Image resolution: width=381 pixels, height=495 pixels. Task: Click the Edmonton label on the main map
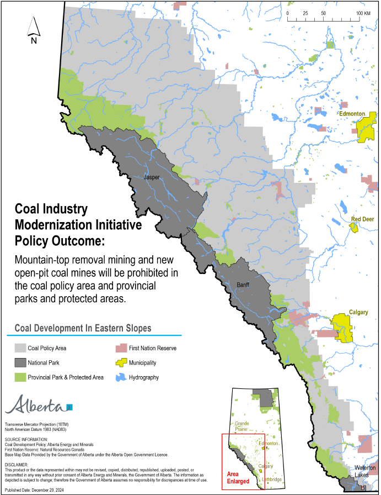[352, 114]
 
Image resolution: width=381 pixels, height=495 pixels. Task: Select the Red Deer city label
[362, 219]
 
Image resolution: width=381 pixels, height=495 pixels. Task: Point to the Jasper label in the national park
[151, 178]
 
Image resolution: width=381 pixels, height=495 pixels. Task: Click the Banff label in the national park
[243, 285]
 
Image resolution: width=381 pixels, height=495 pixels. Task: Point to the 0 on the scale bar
[287, 13]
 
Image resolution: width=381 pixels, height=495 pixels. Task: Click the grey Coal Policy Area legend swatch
[20, 348]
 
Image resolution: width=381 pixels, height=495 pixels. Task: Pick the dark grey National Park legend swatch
[20, 363]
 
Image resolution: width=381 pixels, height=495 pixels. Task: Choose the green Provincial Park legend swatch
[20, 377]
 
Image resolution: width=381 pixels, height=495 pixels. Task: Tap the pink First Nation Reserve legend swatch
[121, 348]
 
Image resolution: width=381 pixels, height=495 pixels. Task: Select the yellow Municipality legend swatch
[121, 363]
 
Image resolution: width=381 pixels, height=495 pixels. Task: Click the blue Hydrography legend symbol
[121, 377]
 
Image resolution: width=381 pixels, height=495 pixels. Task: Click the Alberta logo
[38, 405]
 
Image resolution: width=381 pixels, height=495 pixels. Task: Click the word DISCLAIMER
[17, 465]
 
